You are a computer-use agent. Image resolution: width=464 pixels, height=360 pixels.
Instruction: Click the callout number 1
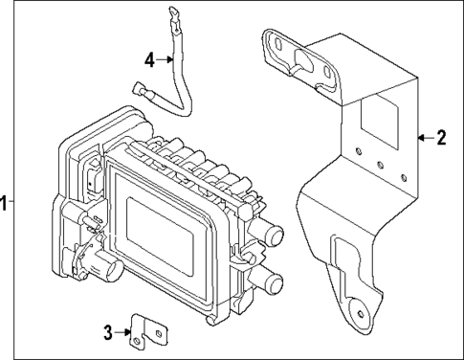[5, 202]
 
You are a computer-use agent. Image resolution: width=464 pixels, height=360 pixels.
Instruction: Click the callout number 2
[440, 137]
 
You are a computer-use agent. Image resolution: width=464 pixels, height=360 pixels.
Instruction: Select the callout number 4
[150, 59]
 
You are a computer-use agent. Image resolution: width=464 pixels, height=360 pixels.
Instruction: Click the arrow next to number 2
[424, 137]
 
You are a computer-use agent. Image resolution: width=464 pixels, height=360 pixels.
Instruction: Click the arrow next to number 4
[165, 59]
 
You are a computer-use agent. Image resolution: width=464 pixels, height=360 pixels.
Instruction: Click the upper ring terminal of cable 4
[174, 13]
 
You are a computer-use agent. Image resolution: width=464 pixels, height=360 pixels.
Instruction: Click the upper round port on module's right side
[274, 234]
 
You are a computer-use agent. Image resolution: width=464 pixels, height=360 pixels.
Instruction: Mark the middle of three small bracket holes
[381, 165]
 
